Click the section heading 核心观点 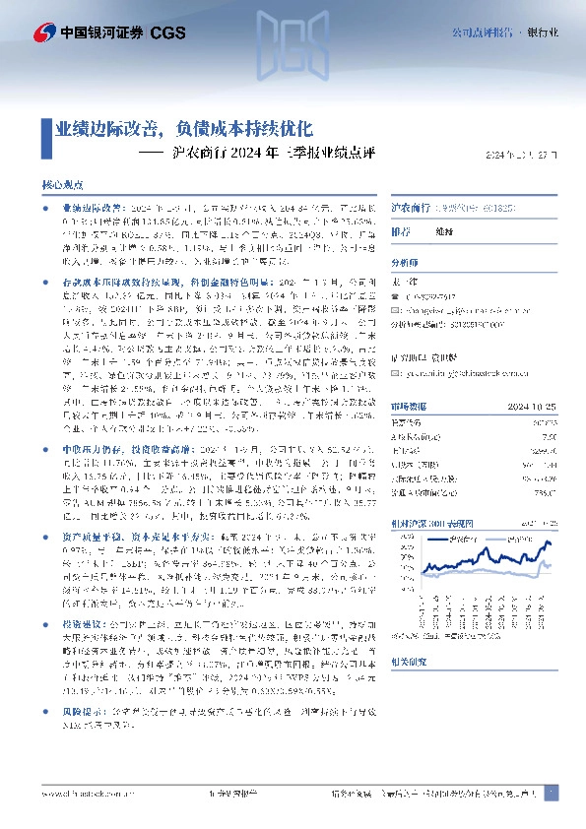[62, 184]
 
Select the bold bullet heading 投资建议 [83, 623]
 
